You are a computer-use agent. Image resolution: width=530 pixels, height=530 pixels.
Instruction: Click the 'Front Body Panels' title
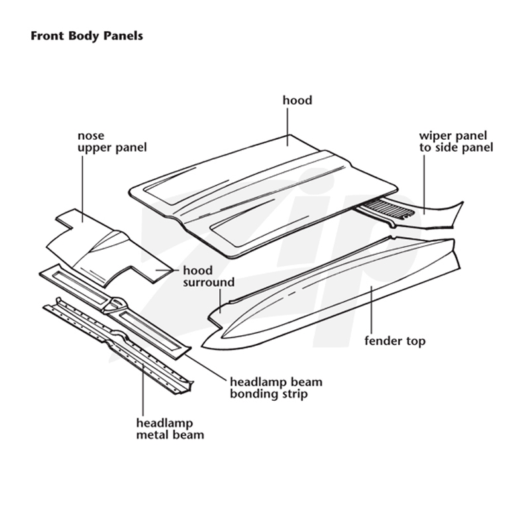[x=87, y=36]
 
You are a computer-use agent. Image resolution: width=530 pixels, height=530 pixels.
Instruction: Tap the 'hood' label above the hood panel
[x=297, y=101]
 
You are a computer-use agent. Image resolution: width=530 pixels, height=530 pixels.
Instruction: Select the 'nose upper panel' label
[x=112, y=142]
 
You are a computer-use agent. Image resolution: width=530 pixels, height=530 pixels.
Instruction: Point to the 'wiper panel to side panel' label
[x=456, y=142]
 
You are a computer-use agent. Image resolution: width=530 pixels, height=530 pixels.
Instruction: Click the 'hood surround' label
[x=209, y=276]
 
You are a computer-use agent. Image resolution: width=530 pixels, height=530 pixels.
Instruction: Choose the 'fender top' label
[x=395, y=341]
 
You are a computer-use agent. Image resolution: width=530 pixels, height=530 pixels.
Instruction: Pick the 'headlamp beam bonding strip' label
[x=276, y=388]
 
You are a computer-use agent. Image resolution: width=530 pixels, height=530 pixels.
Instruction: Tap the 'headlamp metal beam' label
[x=170, y=429]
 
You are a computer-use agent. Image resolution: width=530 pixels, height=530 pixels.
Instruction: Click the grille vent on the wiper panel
[x=389, y=209]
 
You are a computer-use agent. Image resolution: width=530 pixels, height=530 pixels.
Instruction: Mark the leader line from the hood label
[x=288, y=127]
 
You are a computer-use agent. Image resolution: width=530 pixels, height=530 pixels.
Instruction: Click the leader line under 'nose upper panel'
[x=82, y=189]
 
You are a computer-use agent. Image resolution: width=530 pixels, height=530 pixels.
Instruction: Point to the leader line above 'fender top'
[x=372, y=310]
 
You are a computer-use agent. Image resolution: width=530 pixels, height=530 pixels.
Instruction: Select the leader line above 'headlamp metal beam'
[x=143, y=390]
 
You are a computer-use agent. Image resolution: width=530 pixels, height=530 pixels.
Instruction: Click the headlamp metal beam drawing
[x=119, y=345]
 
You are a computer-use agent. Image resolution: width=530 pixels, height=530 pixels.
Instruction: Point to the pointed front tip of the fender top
[x=202, y=346]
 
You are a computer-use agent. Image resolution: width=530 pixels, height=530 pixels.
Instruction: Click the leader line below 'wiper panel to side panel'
[x=424, y=185]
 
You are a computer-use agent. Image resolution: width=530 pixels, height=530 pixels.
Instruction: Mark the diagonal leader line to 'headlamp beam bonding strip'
[x=205, y=367]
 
